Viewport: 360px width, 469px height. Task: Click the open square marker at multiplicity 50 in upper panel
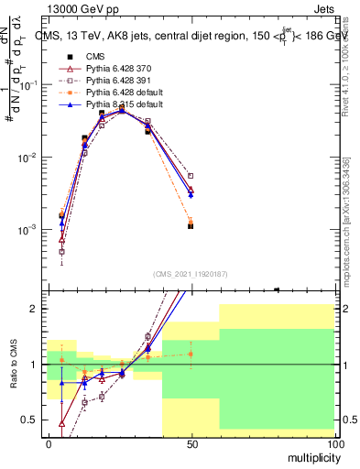(x=191, y=176)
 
